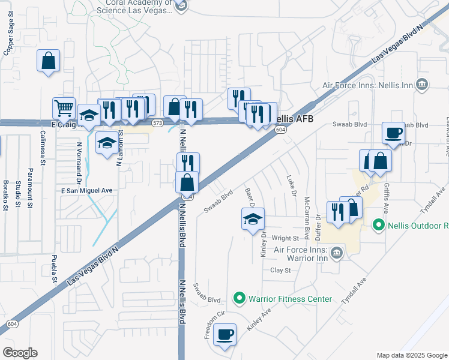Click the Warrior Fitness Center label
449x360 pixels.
point(290,298)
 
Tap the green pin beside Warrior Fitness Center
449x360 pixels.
point(240,298)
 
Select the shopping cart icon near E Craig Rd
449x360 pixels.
point(64,108)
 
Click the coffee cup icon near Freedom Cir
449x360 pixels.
point(224,334)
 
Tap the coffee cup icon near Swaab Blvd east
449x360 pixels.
point(394,133)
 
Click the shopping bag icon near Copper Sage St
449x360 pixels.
point(48,61)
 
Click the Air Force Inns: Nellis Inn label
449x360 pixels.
point(367,85)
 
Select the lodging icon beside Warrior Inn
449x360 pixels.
point(337,252)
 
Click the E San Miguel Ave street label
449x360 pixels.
point(87,190)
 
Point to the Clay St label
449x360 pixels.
point(280,271)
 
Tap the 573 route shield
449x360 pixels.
point(157,122)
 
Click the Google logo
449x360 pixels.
point(20,353)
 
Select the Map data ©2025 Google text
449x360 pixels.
point(411,355)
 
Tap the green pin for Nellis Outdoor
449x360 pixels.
point(378,226)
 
